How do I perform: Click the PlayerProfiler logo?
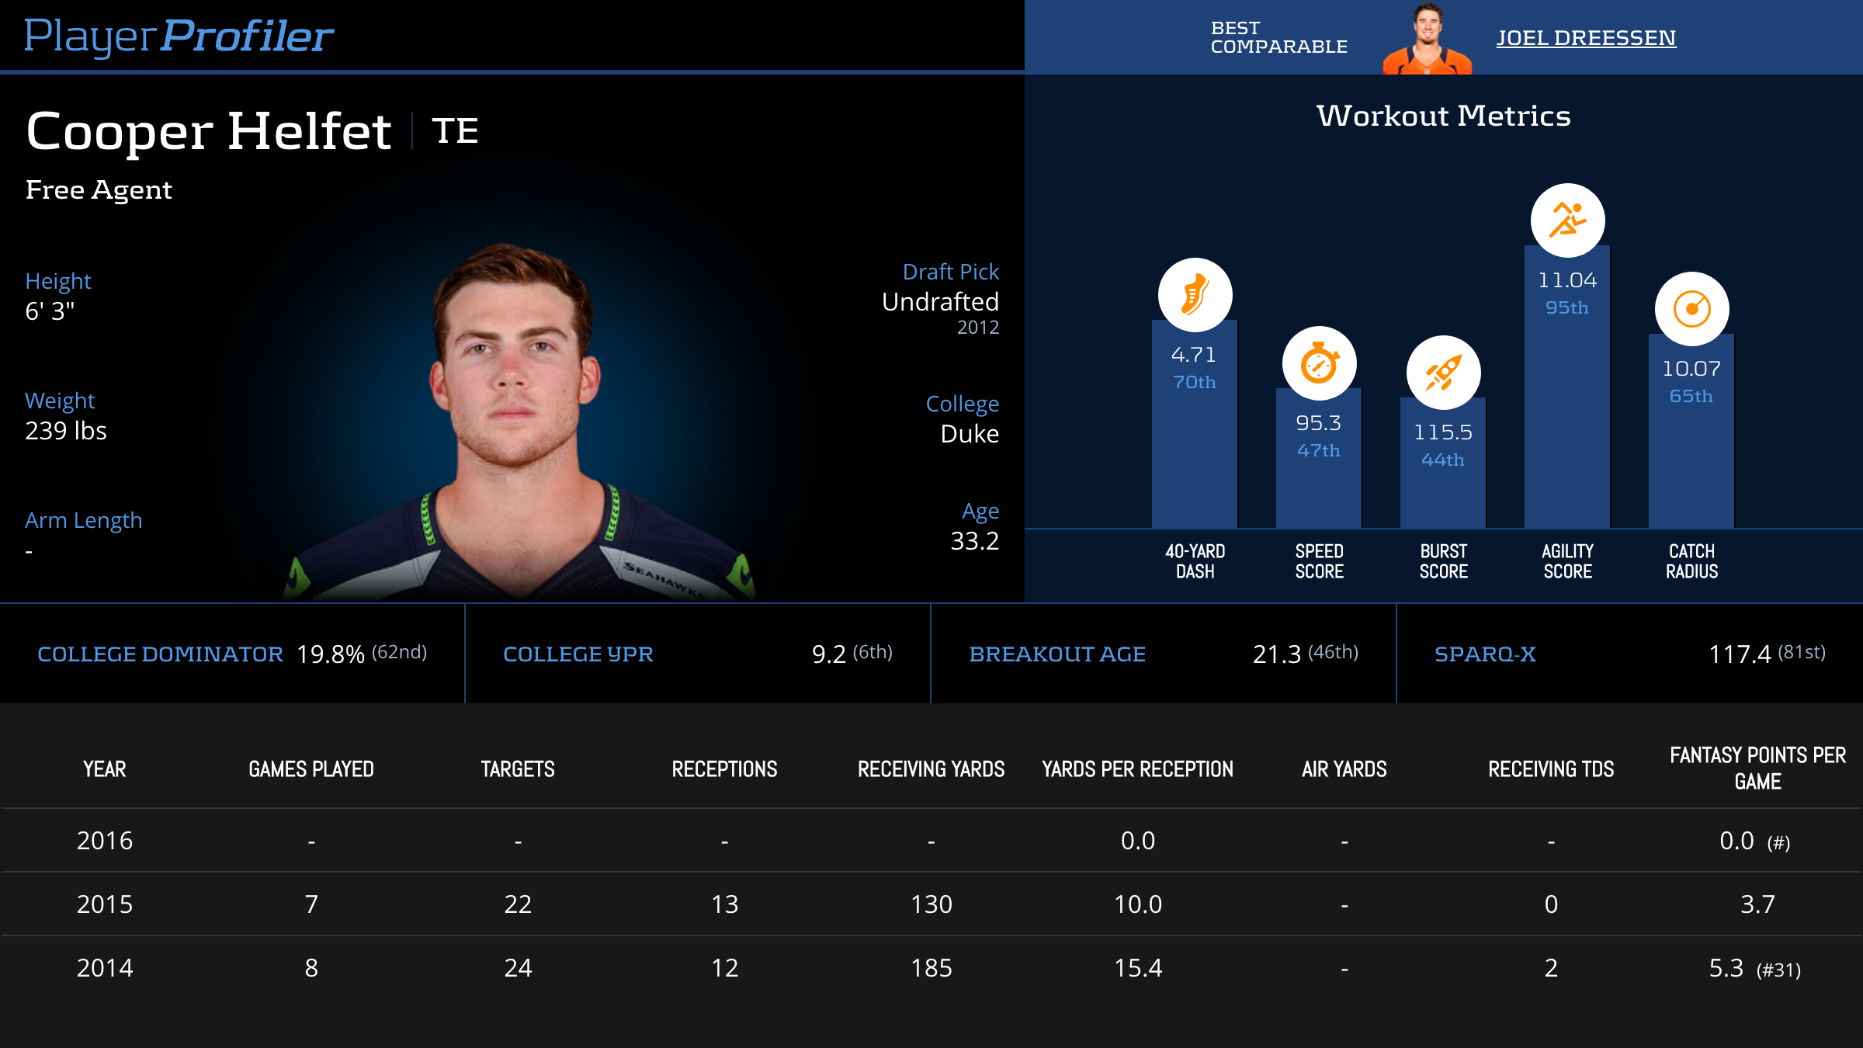point(179,36)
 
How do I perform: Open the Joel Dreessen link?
point(1586,37)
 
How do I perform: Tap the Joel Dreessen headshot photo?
point(1427,39)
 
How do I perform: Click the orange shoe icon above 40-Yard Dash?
point(1195,295)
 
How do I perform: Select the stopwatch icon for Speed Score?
point(1319,363)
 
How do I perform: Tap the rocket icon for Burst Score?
point(1443,373)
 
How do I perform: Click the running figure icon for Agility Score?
point(1567,220)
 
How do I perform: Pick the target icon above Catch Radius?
point(1691,309)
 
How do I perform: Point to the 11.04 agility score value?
point(1567,280)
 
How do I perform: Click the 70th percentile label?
point(1195,382)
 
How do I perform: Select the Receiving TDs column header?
point(1551,769)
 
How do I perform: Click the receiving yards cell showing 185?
point(931,968)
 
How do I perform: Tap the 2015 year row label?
point(105,904)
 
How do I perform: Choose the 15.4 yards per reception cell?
point(1138,968)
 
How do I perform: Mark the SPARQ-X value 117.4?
point(1740,654)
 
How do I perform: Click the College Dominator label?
point(160,654)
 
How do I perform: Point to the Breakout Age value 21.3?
point(1276,654)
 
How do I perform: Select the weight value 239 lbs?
point(66,431)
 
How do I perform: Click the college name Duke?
point(970,434)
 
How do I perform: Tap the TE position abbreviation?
point(455,130)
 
